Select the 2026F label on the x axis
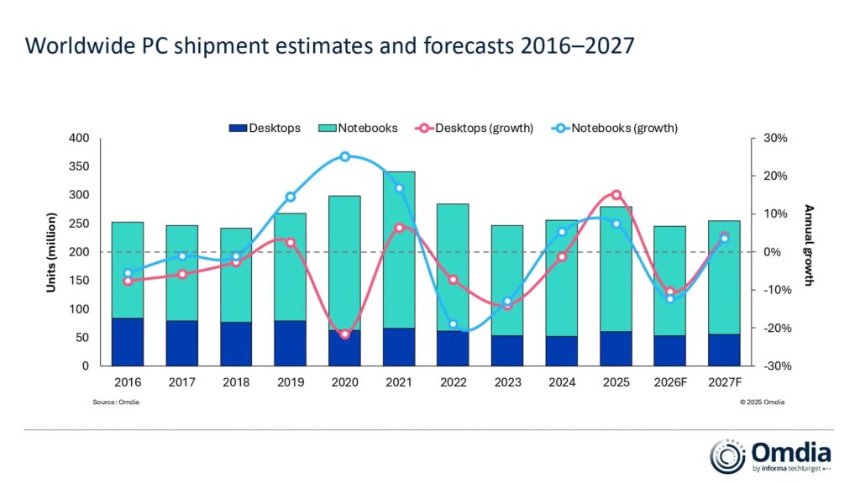670,381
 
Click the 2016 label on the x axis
128,381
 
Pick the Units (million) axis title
51,252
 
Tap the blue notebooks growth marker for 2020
344,156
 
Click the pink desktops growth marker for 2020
344,334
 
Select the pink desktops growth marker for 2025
616,195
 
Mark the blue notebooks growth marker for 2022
453,324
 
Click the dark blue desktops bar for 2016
128,342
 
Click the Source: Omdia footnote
116,402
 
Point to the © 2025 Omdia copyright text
762,402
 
